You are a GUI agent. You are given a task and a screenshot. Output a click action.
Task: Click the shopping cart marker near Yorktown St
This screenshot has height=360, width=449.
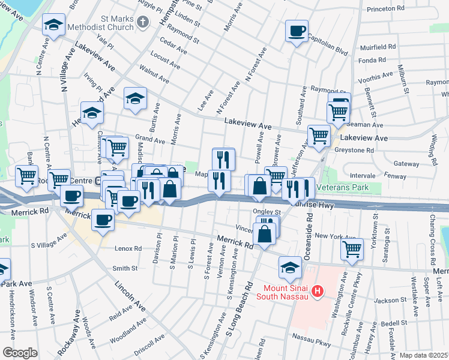(352, 248)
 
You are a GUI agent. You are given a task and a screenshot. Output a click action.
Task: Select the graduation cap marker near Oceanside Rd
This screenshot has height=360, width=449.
(291, 266)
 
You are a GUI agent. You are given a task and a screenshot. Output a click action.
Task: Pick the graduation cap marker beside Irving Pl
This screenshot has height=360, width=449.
(92, 113)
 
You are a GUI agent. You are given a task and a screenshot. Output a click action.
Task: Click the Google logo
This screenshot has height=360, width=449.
(20, 352)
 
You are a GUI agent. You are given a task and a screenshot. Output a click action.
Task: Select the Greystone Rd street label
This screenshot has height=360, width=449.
(357, 150)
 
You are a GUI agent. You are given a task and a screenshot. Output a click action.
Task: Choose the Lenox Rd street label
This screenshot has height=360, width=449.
(129, 248)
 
